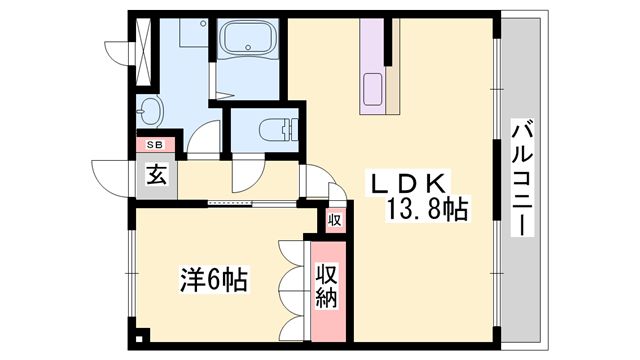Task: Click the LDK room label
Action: (x=408, y=184)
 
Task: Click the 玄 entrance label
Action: (x=158, y=176)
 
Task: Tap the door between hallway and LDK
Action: (x=316, y=188)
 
